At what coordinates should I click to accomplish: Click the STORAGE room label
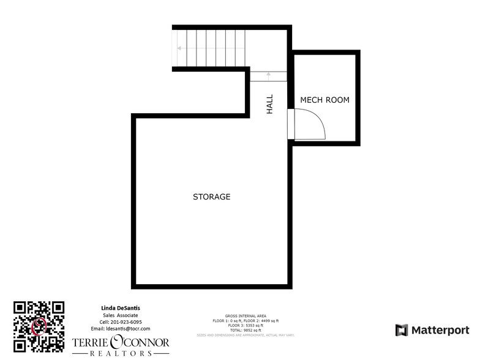[x=211, y=197]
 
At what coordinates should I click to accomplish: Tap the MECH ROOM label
[x=324, y=100]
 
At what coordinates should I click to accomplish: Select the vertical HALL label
[x=269, y=104]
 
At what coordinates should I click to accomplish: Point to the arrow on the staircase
[x=180, y=48]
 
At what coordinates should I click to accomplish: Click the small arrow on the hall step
[x=268, y=75]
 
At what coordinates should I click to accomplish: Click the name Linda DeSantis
[x=121, y=307]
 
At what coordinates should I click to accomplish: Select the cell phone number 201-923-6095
[x=121, y=321]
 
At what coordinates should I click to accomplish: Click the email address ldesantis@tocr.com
[x=121, y=329]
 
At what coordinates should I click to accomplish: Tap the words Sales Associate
[x=121, y=315]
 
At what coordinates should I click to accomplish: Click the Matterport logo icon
[x=402, y=330]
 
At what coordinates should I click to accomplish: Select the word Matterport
[x=440, y=331]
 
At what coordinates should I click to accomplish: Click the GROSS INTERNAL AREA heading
[x=245, y=317]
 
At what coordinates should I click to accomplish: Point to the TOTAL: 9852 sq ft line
[x=245, y=330]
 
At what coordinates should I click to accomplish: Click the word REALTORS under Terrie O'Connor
[x=121, y=354]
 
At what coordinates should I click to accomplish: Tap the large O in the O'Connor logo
[x=117, y=342]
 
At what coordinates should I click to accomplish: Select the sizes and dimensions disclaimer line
[x=245, y=335]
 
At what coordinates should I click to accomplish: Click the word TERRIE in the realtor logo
[x=89, y=343]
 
